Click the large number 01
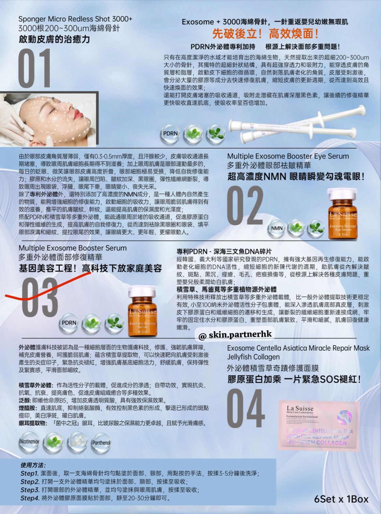(35, 68)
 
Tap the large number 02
(245, 206)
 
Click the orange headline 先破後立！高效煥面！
(265, 34)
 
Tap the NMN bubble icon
(277, 228)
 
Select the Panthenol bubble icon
(101, 442)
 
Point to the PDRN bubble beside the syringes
(170, 133)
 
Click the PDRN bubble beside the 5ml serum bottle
(69, 323)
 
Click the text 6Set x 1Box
(341, 499)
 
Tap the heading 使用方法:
(33, 465)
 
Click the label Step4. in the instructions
(30, 498)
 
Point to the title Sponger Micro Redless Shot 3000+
(75, 19)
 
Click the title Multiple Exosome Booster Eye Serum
(288, 156)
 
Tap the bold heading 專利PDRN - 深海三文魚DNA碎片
(224, 251)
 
